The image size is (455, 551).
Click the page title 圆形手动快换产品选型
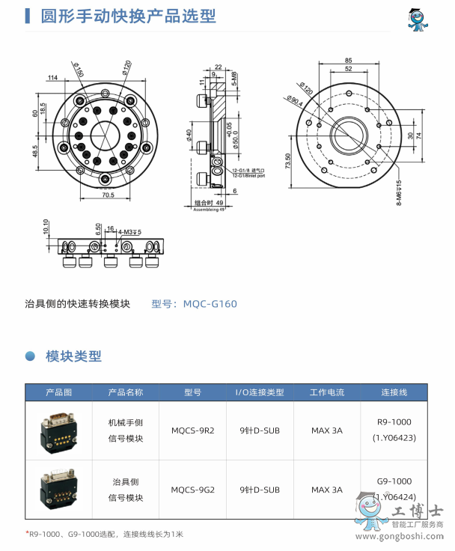[x=128, y=16]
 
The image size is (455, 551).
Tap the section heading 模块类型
[x=73, y=356]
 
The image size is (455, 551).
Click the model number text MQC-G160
[x=194, y=303]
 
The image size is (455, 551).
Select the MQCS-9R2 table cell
[x=192, y=430]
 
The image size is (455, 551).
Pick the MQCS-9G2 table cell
[x=192, y=490]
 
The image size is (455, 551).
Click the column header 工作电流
[x=327, y=392]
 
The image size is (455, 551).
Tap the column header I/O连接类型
[x=260, y=392]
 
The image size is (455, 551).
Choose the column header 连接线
[x=394, y=392]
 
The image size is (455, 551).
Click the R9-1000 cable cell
[x=394, y=422]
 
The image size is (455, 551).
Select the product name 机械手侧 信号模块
[x=126, y=430]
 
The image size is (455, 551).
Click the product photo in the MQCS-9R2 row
[x=58, y=430]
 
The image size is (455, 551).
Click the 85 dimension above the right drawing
[x=349, y=61]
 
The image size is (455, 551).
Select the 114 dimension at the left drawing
[x=53, y=78]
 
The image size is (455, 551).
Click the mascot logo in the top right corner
[x=416, y=20]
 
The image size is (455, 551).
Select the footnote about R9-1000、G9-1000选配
[x=105, y=534]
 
